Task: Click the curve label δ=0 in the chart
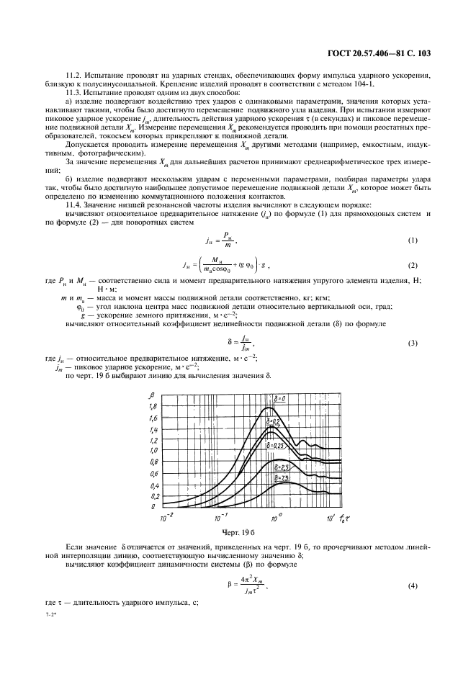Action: tap(282, 398)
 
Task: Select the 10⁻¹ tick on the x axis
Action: tap(219, 517)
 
